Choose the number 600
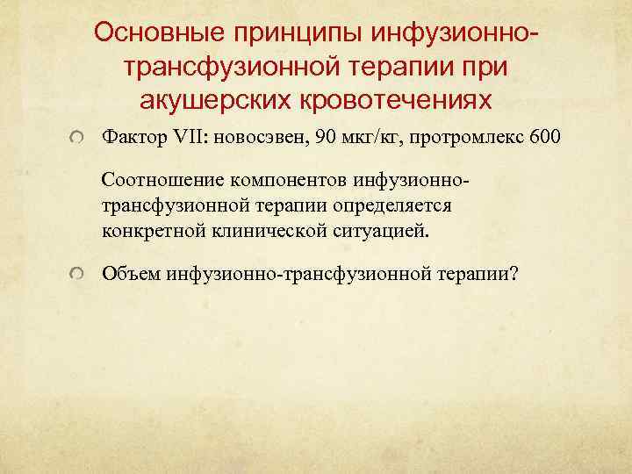click(x=516, y=139)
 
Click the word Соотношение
click(x=163, y=181)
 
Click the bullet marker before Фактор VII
click(x=80, y=140)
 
